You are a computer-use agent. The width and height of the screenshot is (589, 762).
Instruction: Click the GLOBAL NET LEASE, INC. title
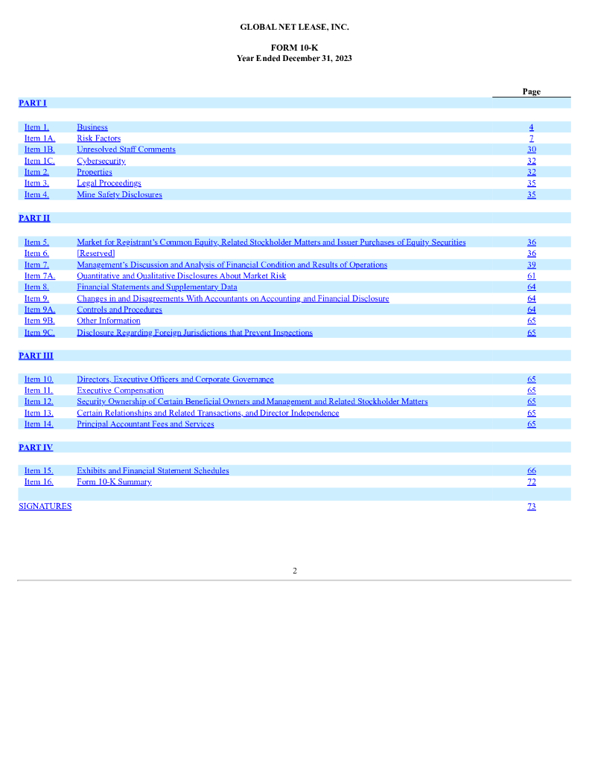(x=294, y=27)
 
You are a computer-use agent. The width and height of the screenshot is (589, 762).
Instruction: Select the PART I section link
(x=32, y=103)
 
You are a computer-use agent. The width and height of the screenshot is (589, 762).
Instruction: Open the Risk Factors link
(x=98, y=138)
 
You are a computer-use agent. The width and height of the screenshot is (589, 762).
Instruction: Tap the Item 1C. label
(x=39, y=161)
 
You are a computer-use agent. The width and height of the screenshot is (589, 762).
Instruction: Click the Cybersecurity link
(x=101, y=161)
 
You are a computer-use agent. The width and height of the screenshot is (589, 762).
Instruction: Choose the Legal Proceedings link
(x=109, y=183)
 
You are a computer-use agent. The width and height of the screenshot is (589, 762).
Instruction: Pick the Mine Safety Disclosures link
(x=119, y=195)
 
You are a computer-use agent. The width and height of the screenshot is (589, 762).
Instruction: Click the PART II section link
(x=34, y=218)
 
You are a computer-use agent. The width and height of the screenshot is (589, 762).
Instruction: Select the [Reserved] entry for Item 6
(x=95, y=254)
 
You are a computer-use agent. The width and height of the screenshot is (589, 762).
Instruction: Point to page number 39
(x=531, y=265)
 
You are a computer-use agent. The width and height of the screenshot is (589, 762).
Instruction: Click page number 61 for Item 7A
(x=531, y=276)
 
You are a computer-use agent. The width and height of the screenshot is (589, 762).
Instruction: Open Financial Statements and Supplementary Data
(x=156, y=287)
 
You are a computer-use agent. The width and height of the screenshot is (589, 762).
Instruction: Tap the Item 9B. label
(x=39, y=321)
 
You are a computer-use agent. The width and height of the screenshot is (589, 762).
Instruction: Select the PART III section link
(x=35, y=356)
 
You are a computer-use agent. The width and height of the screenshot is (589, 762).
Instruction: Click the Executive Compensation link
(x=120, y=391)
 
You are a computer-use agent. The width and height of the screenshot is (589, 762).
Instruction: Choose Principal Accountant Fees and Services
(x=145, y=424)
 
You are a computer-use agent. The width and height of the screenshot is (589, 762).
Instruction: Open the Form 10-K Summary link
(x=114, y=482)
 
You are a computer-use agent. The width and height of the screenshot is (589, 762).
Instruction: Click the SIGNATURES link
(x=45, y=507)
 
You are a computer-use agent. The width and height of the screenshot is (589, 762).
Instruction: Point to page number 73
(x=531, y=507)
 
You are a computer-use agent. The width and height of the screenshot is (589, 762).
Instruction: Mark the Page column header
(x=531, y=92)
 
